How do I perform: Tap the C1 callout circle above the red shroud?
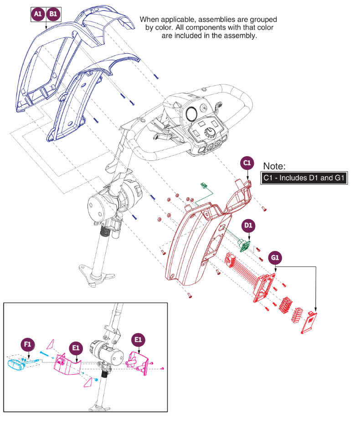pyautogui.click(x=247, y=163)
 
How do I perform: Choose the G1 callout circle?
pyautogui.click(x=275, y=257)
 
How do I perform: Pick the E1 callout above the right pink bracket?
pyautogui.click(x=138, y=340)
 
